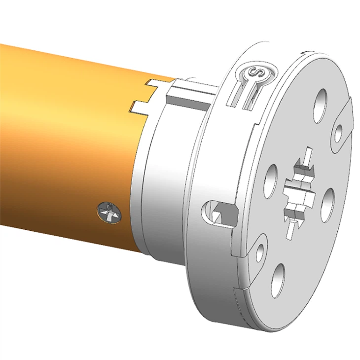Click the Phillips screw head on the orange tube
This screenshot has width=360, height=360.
click(x=109, y=212)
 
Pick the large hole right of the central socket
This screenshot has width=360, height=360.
click(x=327, y=200)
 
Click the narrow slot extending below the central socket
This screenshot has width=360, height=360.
click(x=293, y=227)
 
